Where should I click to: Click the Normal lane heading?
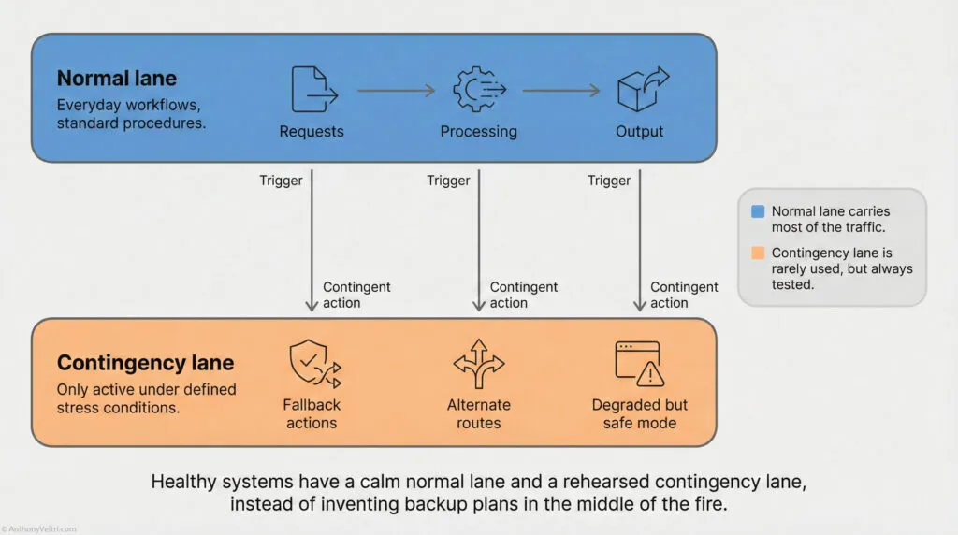click(116, 78)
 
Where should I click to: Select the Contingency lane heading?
click(145, 362)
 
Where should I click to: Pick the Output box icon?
click(639, 90)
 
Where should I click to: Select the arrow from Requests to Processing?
click(396, 91)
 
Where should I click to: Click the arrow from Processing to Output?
click(560, 91)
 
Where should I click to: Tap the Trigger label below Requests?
click(281, 181)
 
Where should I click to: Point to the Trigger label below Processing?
click(448, 181)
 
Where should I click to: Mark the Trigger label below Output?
click(609, 181)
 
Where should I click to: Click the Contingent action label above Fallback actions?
click(356, 295)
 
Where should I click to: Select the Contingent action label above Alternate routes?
click(524, 295)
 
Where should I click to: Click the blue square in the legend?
click(758, 212)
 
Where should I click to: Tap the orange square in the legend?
click(758, 253)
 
